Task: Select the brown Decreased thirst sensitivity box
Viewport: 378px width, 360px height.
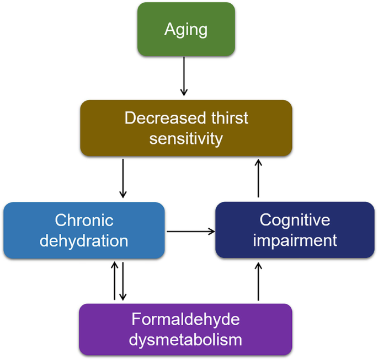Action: [x=185, y=128]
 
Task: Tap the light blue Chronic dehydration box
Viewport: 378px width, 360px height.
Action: [x=84, y=230]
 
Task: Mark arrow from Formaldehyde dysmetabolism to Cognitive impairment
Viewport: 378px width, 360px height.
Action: [x=258, y=282]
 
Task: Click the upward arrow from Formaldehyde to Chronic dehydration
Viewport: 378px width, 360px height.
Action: [x=114, y=281]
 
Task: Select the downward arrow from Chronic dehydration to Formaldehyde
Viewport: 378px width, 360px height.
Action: [x=124, y=281]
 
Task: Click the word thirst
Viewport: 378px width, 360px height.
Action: [x=222, y=119]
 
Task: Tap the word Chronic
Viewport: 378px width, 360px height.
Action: [x=84, y=221]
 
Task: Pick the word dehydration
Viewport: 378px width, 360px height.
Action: [x=84, y=240]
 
